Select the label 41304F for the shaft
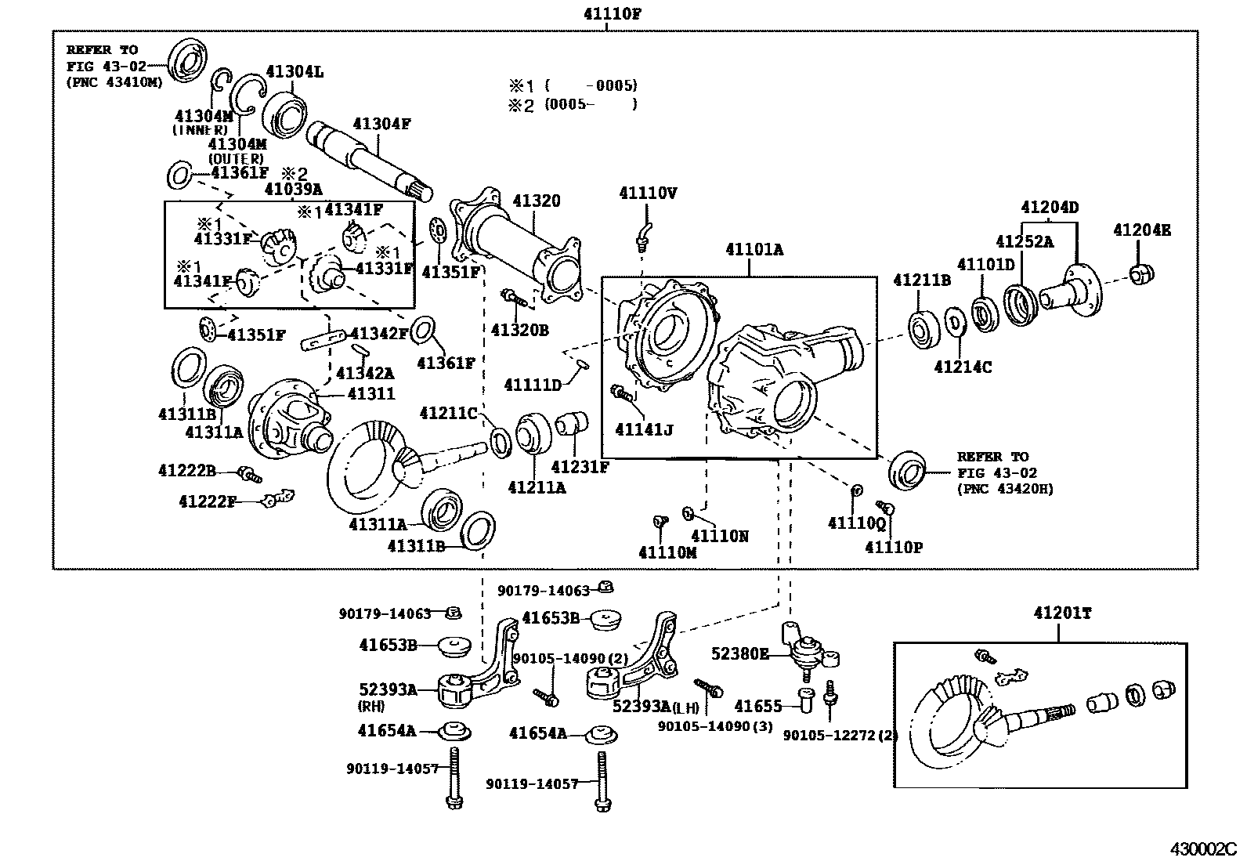tap(381, 124)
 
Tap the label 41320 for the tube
tap(537, 201)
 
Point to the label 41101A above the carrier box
tap(754, 250)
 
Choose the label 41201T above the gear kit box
tap(1061, 613)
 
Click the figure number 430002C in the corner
tap(1202, 849)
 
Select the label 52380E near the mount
tap(740, 653)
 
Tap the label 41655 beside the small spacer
tap(758, 707)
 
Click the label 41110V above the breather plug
tap(648, 193)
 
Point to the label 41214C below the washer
tap(963, 366)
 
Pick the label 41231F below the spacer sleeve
tap(580, 467)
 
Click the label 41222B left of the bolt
tap(186, 470)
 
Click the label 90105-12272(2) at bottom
tap(840, 736)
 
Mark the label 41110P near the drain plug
tap(894, 547)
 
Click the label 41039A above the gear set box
tap(293, 189)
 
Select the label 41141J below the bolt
tap(644, 429)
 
